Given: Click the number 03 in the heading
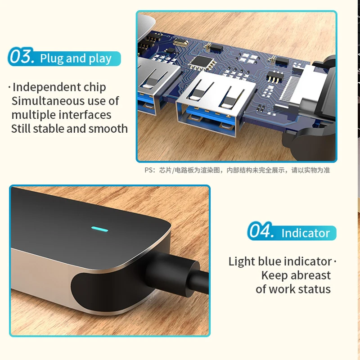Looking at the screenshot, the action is [x=22, y=57].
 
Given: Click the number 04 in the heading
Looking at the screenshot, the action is [x=261, y=230].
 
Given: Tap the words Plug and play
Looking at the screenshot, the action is [x=76, y=58].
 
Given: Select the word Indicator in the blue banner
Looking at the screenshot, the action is [x=306, y=233].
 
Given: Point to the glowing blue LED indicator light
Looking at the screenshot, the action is [x=99, y=229].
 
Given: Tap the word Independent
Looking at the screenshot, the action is [x=47, y=87].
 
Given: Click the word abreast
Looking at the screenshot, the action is [x=310, y=275].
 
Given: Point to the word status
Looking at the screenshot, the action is [x=314, y=289].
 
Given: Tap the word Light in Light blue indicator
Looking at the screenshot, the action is [x=242, y=262].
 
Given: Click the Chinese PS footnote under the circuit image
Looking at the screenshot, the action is [x=237, y=170].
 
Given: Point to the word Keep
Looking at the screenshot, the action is [x=274, y=275].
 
